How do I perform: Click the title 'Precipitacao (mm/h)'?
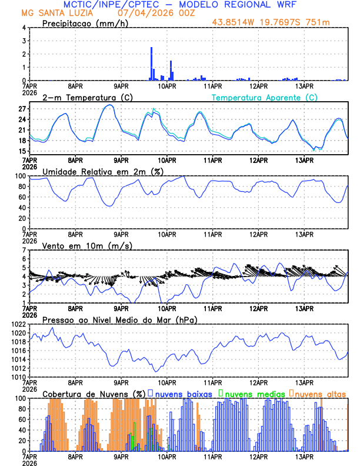tap(84, 24)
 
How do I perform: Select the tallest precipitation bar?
tap(151, 64)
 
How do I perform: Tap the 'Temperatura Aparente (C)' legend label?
tap(265, 97)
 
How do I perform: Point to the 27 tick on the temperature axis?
tap(22, 109)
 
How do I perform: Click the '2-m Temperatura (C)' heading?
tap(83, 97)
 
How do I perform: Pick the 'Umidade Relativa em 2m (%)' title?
tap(102, 171)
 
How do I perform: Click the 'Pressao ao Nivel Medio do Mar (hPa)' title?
tap(119, 319)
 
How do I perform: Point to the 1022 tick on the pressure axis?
tap(16, 325)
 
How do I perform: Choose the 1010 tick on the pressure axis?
tap(16, 377)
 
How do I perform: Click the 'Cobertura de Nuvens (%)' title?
tap(94, 394)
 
